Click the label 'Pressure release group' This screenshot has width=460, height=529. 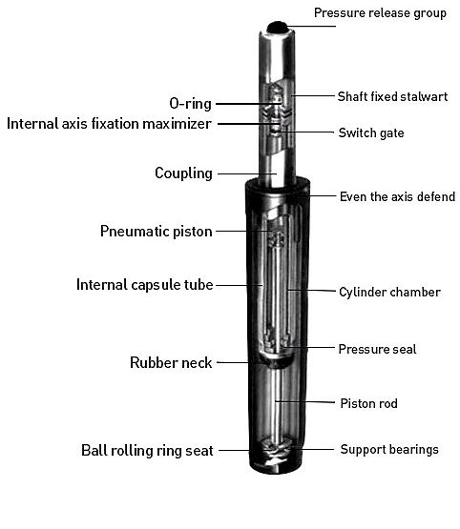click(x=380, y=13)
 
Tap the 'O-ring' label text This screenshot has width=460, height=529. click(x=191, y=103)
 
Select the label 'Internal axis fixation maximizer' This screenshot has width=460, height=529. click(x=109, y=124)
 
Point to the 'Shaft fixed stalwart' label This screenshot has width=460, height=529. click(x=392, y=96)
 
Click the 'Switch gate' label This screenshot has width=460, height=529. click(x=371, y=132)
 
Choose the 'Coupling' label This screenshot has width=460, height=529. click(x=184, y=173)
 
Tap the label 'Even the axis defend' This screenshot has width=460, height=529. click(x=397, y=196)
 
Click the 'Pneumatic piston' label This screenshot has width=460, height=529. click(x=157, y=232)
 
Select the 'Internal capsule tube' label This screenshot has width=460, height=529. click(x=145, y=285)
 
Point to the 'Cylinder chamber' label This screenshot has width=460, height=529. click(x=389, y=293)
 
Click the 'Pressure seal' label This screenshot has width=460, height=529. click(x=377, y=349)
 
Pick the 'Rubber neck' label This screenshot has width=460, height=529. click(x=171, y=363)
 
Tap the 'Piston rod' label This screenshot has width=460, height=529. click(x=368, y=403)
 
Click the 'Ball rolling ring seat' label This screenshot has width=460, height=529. click(x=147, y=451)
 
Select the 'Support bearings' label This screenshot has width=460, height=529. click(x=389, y=449)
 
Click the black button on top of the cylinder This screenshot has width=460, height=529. click(x=277, y=27)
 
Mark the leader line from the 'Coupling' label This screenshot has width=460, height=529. click(x=247, y=173)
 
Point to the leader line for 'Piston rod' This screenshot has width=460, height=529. click(x=304, y=402)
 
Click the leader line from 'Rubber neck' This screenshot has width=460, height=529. click(x=233, y=363)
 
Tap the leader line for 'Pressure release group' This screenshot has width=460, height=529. click(x=311, y=27)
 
